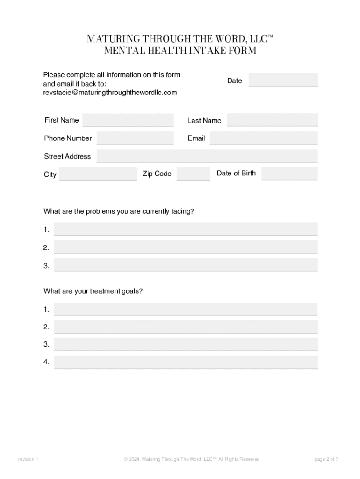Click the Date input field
283,80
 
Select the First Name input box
128,120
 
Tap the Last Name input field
272,120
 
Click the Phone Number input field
135,138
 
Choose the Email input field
263,138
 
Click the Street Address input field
207,156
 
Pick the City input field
98,174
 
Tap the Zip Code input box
193,174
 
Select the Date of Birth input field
289,173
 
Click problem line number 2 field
186,247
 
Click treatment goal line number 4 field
186,362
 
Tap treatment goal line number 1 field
186,309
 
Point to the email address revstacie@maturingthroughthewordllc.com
110,93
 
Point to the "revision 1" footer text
28,459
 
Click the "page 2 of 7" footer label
326,459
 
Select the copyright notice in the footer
192,459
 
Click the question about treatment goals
93,291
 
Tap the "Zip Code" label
157,174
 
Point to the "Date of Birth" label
236,173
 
